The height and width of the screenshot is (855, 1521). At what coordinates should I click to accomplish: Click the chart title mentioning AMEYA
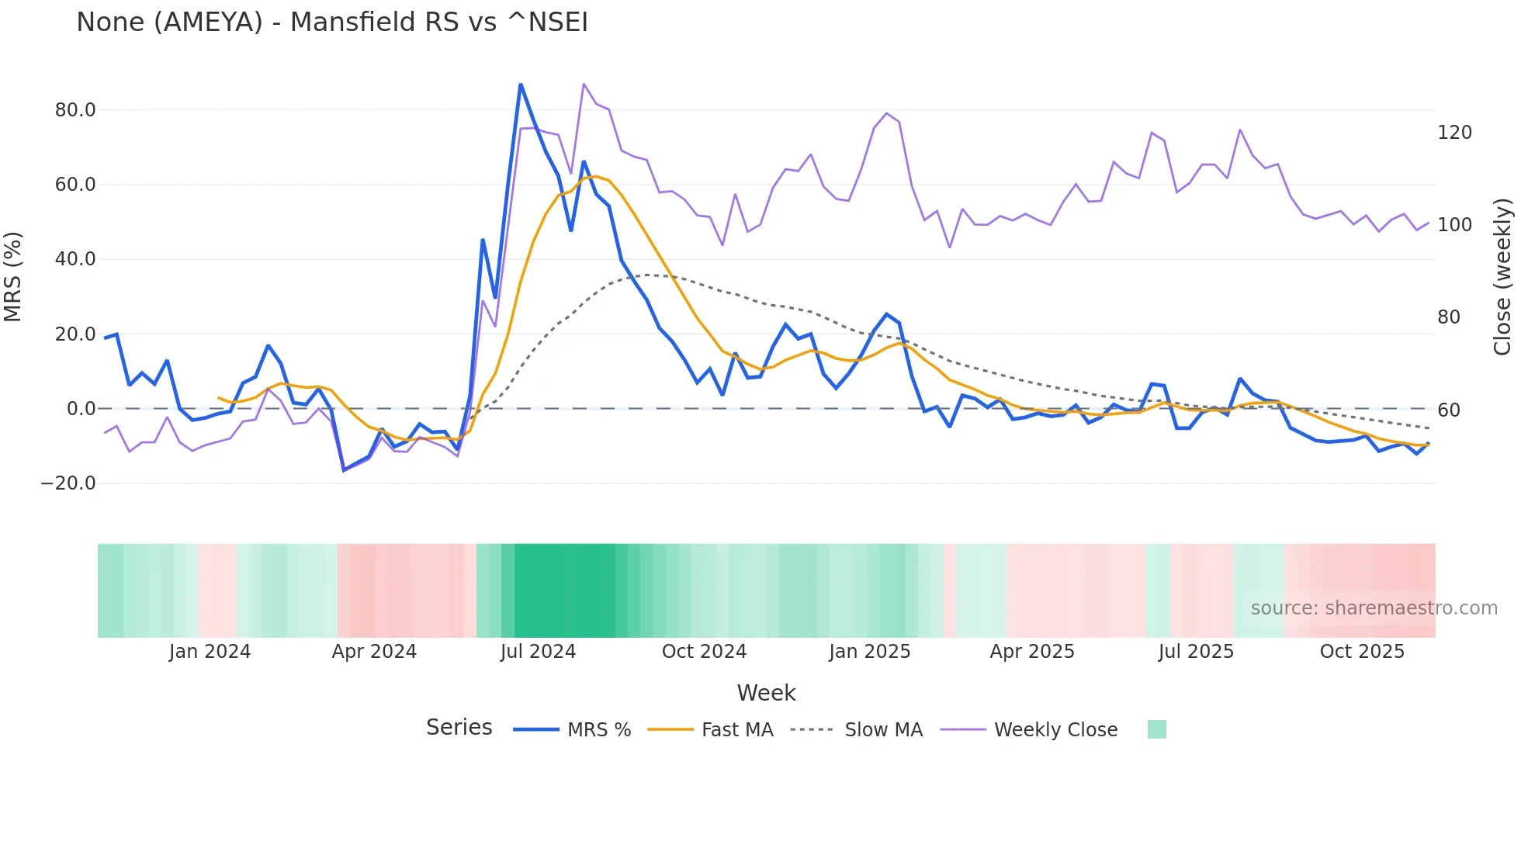click(x=332, y=22)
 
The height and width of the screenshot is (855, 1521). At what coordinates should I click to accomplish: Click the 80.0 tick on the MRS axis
click(x=75, y=110)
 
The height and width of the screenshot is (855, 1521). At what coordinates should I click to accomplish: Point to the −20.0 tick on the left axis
click(x=68, y=483)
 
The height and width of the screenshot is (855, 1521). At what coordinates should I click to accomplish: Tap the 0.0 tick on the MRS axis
click(x=81, y=409)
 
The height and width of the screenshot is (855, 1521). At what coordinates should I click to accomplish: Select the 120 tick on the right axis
click(x=1454, y=133)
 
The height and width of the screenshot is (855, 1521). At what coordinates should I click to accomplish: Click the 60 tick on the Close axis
click(x=1448, y=410)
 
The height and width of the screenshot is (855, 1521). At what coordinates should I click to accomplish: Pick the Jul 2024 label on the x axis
click(x=538, y=652)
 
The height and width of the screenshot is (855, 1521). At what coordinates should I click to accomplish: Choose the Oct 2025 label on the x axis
click(x=1362, y=652)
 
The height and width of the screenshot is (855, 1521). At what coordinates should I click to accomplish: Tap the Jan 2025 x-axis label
click(x=869, y=652)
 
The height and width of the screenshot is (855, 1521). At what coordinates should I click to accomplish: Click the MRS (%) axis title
click(x=13, y=277)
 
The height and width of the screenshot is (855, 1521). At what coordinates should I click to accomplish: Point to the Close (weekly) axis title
click(x=1503, y=277)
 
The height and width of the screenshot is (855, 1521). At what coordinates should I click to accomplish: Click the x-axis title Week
click(x=766, y=693)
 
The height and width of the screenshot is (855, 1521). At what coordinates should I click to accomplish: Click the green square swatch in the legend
click(x=1156, y=729)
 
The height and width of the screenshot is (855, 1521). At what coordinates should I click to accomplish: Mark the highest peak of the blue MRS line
click(x=521, y=85)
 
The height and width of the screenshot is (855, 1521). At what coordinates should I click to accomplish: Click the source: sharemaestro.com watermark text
click(x=1374, y=608)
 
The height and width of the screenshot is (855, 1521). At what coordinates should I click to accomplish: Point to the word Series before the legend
click(x=459, y=728)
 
